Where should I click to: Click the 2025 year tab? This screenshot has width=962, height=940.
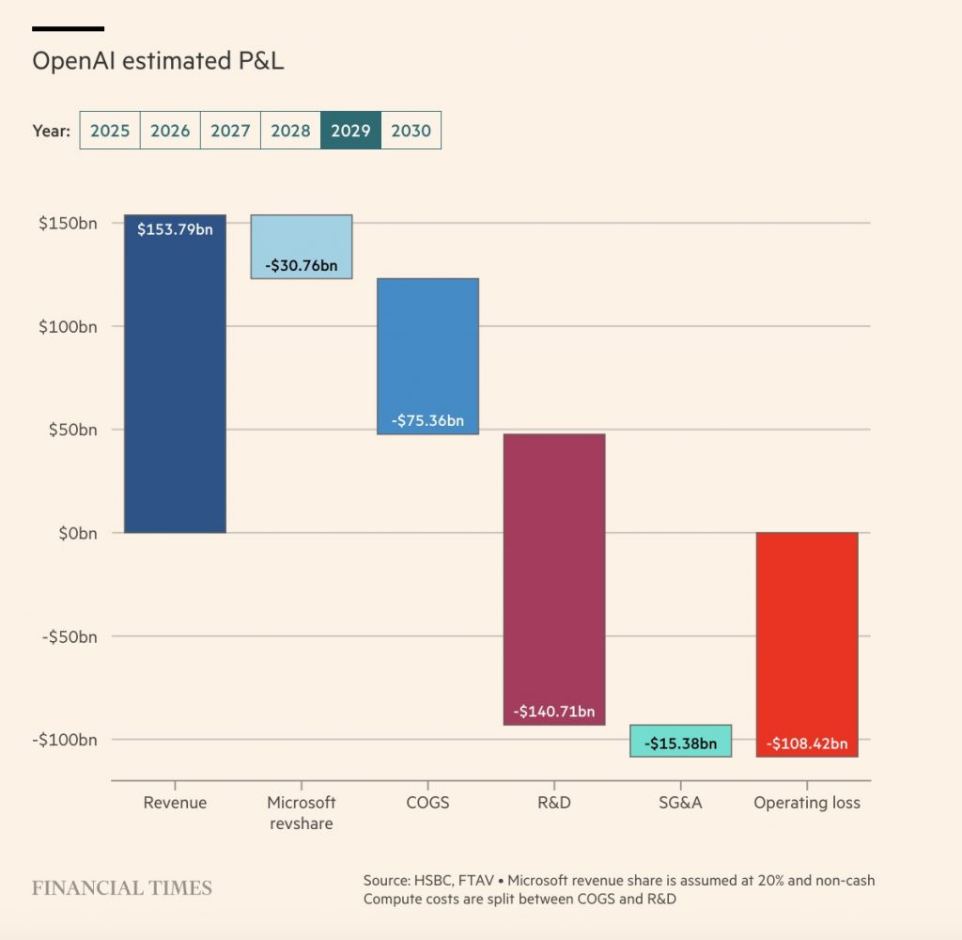coord(110,131)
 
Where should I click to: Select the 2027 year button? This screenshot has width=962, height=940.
coord(230,131)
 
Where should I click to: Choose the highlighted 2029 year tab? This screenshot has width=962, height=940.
coord(350,131)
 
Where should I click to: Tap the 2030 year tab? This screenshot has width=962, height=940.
coord(411,131)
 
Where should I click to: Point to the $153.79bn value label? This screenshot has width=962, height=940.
coord(175,228)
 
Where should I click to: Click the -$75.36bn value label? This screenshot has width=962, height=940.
coord(427,420)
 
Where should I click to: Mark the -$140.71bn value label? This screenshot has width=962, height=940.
coord(554,712)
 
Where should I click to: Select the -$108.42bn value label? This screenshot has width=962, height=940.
coord(807,744)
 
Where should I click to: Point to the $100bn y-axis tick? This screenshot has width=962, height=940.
coord(67,326)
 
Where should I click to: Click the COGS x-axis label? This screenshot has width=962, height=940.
coord(427,803)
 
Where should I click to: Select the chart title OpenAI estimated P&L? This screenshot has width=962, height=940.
coord(158,61)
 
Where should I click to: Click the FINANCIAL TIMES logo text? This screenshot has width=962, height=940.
coord(122,888)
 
